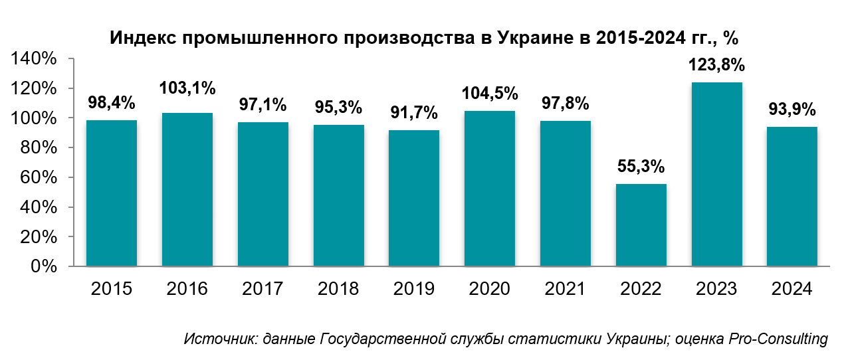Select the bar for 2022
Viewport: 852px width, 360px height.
click(641, 225)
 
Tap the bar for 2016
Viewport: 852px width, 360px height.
click(187, 189)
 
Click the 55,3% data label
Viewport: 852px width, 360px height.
click(641, 166)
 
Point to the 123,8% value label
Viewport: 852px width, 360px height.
click(717, 65)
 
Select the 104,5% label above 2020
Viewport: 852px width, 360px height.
click(490, 93)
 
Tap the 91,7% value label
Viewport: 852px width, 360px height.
click(414, 112)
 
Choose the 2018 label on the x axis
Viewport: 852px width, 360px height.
click(338, 289)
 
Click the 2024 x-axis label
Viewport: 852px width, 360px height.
click(792, 289)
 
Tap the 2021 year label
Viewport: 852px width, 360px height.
click(566, 289)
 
